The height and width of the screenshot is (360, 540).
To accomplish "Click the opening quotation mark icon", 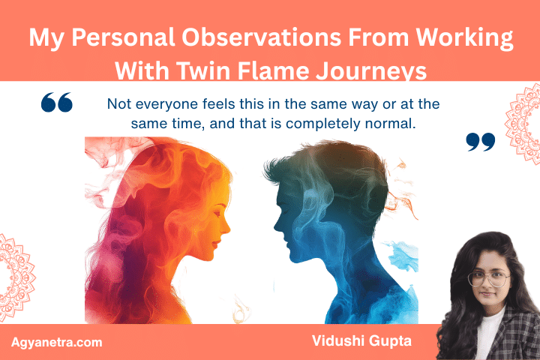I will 56,102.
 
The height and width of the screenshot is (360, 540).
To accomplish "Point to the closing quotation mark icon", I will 481,141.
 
